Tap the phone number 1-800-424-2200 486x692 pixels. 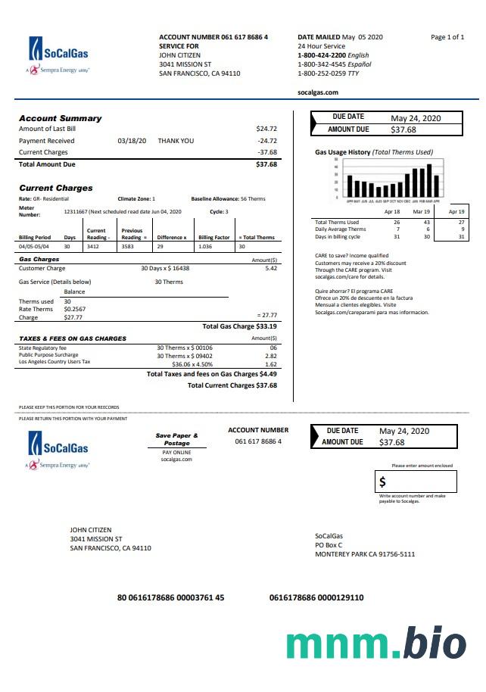(322, 55)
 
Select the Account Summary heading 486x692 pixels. (60, 118)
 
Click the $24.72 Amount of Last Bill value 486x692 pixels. (266, 129)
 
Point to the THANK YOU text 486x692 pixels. (176, 141)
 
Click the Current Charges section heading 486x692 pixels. (56, 188)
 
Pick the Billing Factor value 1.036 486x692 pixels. (204, 247)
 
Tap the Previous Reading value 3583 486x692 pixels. (132, 247)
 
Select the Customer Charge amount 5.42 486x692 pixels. (271, 268)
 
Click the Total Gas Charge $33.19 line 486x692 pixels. (239, 326)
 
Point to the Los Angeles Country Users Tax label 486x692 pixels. (55, 362)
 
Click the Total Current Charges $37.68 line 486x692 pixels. (232, 385)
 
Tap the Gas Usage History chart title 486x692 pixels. (374, 152)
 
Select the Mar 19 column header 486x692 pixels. (421, 213)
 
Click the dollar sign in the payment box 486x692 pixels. (382, 482)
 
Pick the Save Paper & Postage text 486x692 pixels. (177, 439)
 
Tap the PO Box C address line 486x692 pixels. (329, 545)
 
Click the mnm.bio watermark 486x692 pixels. (376, 643)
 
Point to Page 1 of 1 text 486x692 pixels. (447, 37)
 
